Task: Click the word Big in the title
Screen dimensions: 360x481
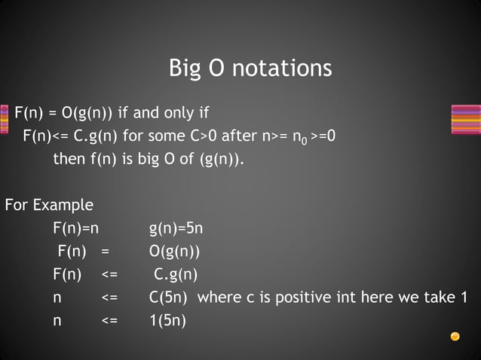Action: [185, 69]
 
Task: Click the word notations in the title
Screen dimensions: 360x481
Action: [282, 69]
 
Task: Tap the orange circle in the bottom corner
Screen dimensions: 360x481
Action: [455, 336]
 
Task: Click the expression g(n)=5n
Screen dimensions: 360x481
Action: [176, 227]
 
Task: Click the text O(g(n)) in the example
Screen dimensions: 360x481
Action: [175, 251]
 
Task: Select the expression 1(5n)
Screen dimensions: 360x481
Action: [167, 320]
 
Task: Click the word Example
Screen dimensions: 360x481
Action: [66, 205]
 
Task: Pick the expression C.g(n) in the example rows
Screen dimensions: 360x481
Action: [176, 274]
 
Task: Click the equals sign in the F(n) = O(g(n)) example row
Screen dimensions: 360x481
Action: [106, 251]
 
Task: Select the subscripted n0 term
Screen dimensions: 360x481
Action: [299, 137]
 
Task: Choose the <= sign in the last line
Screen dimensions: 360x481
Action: [109, 320]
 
